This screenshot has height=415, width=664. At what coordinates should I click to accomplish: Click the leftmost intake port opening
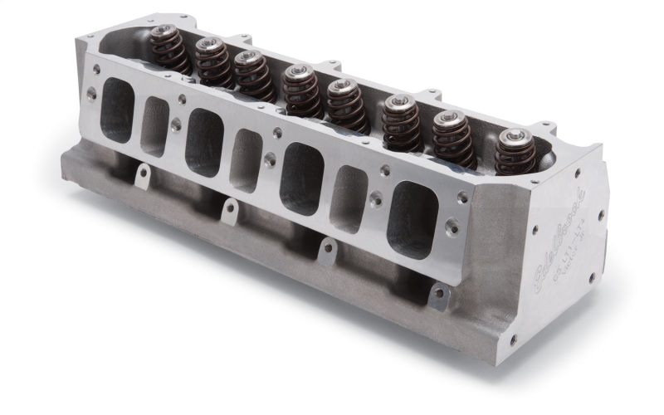(117, 110)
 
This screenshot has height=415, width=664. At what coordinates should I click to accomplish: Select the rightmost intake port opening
(413, 219)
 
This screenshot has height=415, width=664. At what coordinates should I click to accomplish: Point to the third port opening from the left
(204, 142)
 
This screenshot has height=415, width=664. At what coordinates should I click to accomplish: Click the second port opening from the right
(349, 198)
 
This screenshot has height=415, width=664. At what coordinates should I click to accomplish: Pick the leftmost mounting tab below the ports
(142, 175)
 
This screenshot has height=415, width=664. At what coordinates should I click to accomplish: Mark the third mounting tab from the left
(327, 250)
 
